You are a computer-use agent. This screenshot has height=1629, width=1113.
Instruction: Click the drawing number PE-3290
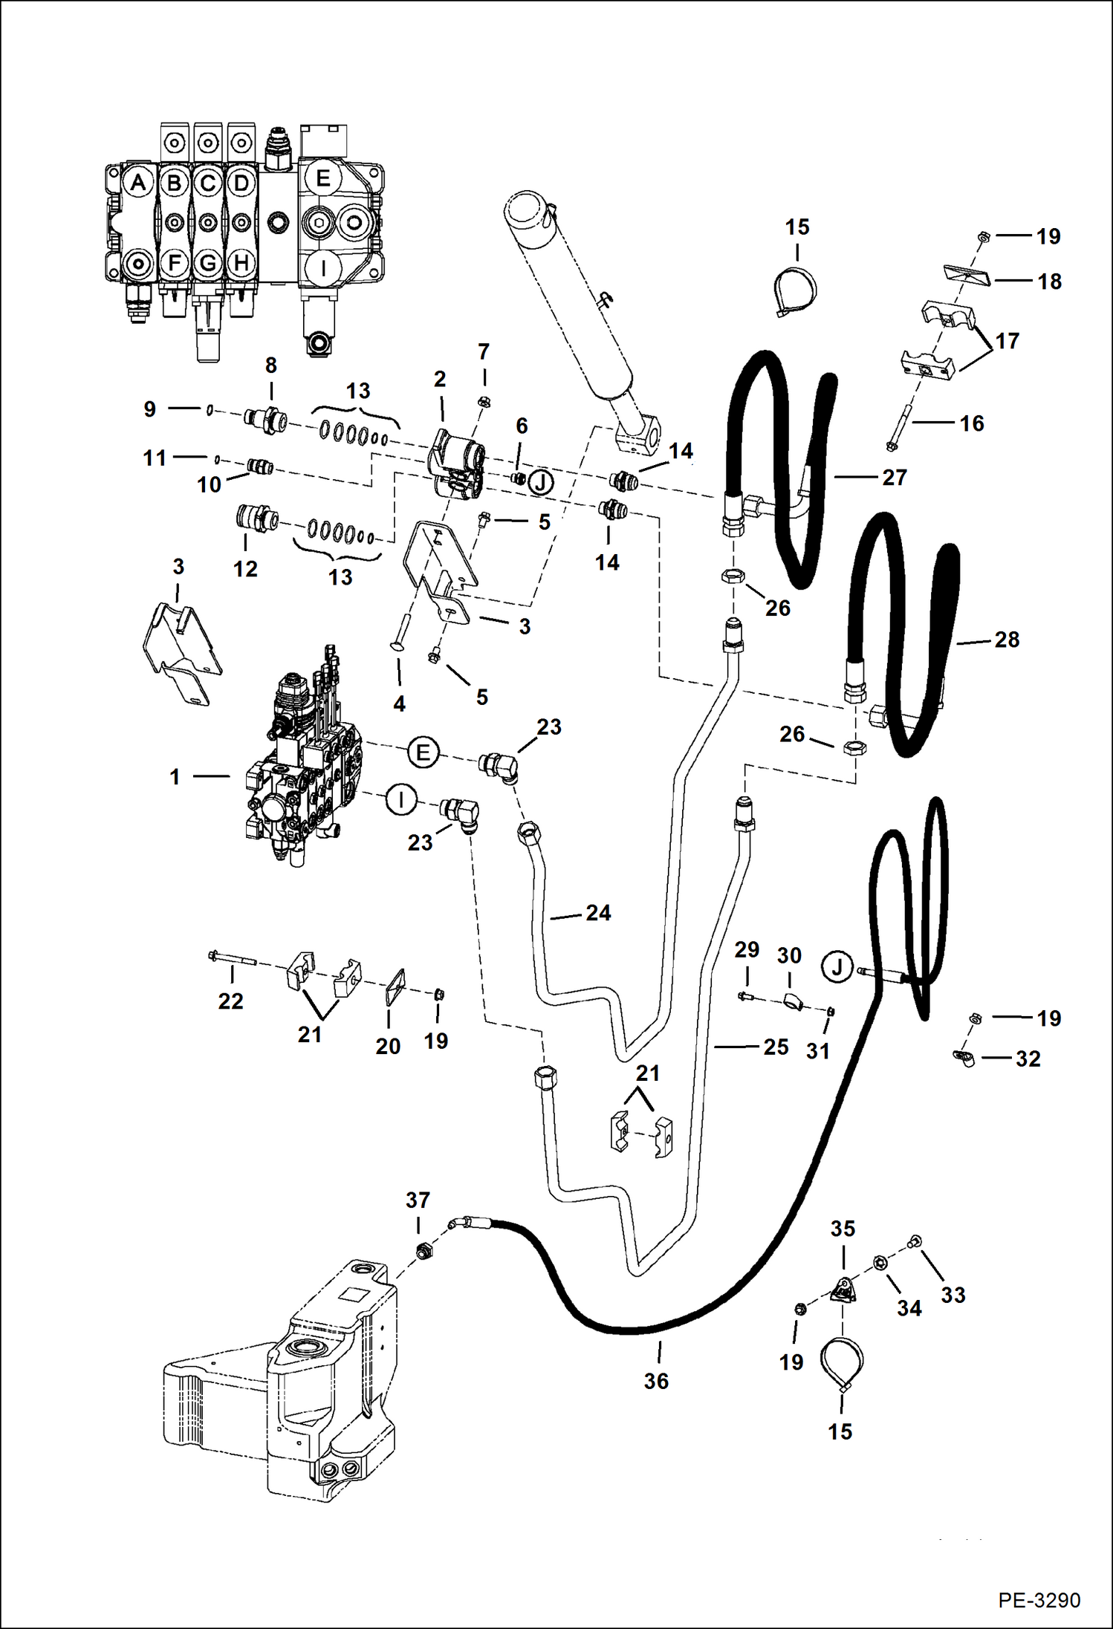[x=1039, y=1599]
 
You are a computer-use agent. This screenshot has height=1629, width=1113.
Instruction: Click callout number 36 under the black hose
[x=656, y=1381]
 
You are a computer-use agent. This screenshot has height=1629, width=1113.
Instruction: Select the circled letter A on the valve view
[x=138, y=183]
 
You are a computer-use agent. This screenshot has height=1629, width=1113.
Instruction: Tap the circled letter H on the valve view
[x=241, y=262]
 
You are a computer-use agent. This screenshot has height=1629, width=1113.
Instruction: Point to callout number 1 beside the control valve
[x=175, y=777]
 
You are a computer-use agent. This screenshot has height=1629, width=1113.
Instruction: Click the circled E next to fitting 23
[x=423, y=752]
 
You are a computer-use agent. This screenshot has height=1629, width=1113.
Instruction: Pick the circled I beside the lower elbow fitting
[x=401, y=801]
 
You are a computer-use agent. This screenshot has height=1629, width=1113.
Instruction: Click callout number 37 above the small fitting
[x=418, y=1200]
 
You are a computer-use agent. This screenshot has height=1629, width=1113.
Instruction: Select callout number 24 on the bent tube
[x=598, y=913]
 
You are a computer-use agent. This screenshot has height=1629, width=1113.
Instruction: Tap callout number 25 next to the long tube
[x=776, y=1047]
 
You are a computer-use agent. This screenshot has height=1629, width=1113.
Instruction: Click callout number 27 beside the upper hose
[x=895, y=477]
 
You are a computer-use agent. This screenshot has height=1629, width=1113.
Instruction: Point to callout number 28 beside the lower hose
[x=1007, y=640]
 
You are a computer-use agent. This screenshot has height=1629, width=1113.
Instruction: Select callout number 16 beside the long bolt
[x=972, y=423]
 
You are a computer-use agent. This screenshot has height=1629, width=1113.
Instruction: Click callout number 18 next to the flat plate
[x=1049, y=282]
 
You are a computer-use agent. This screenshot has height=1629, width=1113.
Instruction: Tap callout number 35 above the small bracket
[x=843, y=1229]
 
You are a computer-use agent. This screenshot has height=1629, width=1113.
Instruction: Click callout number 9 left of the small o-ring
[x=150, y=409]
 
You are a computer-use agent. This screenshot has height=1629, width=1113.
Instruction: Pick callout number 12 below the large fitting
[x=245, y=569]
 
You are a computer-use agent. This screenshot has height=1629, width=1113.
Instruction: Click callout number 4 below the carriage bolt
[x=399, y=703]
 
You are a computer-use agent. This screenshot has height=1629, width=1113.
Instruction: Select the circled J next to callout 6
[x=541, y=483]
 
